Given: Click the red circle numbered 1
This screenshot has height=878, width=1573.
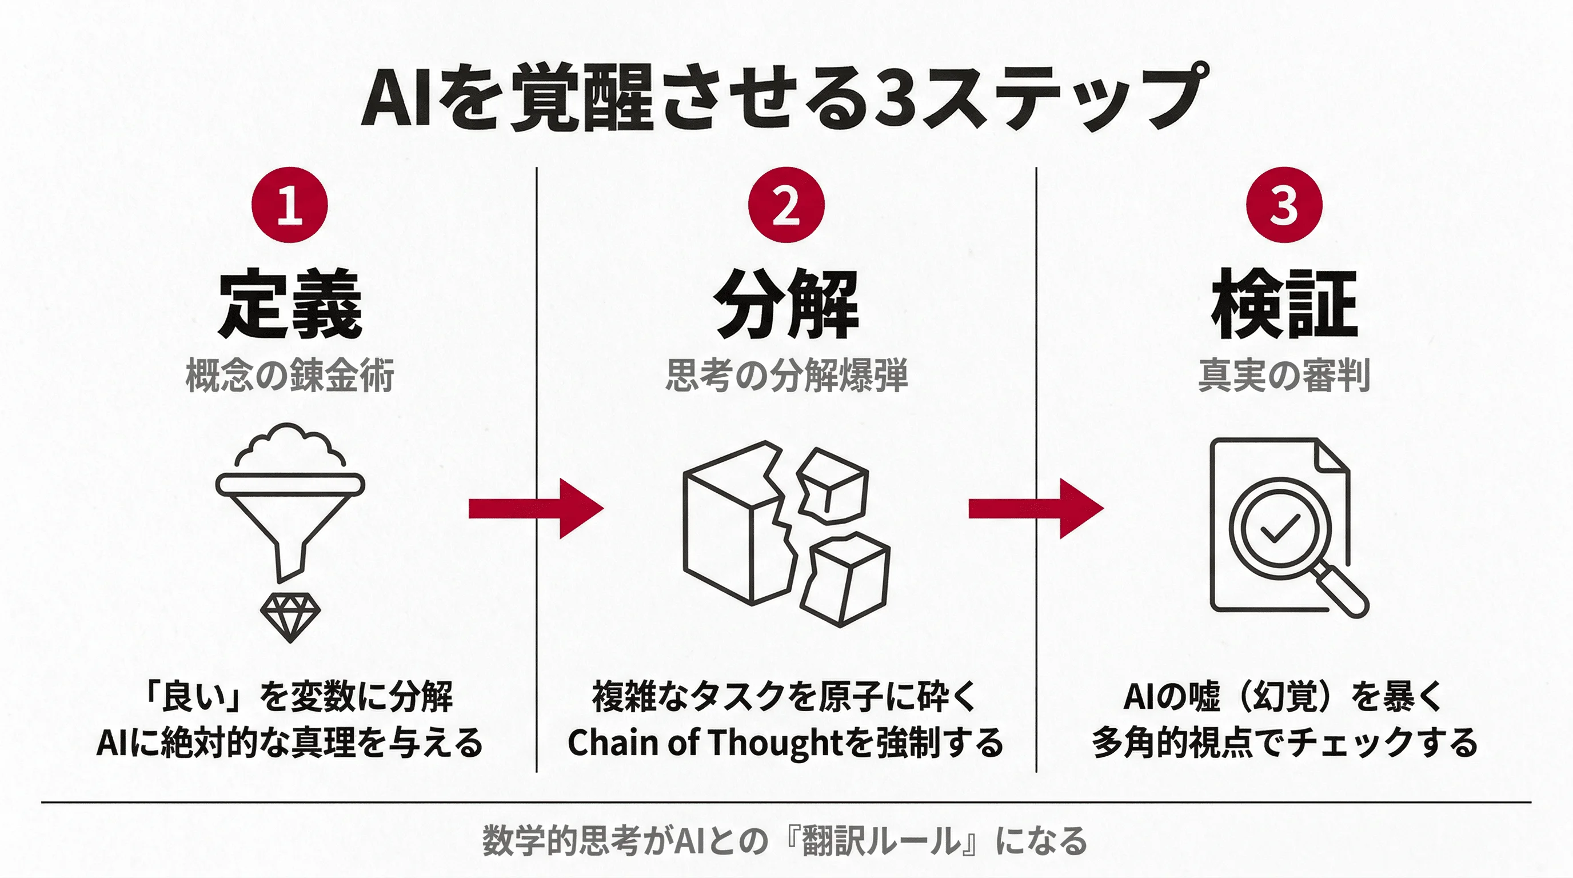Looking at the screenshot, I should (289, 205).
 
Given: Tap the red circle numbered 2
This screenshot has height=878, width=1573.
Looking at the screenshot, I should (786, 205).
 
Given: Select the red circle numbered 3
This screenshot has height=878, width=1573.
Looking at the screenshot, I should (1284, 205).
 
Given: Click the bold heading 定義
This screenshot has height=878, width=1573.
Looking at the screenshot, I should (290, 304).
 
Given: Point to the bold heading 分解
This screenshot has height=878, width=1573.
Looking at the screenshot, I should (787, 304).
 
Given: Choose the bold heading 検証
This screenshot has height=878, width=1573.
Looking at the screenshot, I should (1284, 304).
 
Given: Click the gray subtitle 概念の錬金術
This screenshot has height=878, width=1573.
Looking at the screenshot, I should (290, 375).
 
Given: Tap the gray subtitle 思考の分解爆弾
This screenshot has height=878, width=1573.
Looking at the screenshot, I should (787, 375).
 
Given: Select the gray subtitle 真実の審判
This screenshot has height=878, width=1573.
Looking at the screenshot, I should (1284, 375).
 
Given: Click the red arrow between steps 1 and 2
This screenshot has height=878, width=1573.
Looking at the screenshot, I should (535, 508).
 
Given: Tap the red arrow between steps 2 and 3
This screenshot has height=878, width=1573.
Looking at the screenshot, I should (1035, 508).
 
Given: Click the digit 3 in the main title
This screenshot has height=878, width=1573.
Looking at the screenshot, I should (894, 98).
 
